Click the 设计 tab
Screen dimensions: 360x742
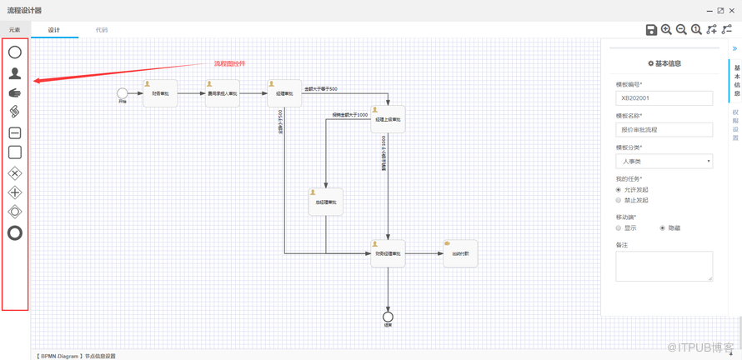pos(54,30)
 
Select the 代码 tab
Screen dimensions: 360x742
pos(102,30)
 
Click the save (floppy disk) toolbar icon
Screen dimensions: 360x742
pos(651,30)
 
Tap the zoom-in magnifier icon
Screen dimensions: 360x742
pos(666,30)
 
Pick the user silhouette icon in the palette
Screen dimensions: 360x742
pos(15,73)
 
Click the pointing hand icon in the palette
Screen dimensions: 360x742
pos(15,92)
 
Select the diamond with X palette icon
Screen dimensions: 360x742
pos(15,173)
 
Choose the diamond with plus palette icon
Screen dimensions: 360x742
pos(15,192)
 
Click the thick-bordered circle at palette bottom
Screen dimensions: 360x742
pos(15,233)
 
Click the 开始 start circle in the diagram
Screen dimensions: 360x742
pos(123,93)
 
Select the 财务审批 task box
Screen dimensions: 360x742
pos(160,93)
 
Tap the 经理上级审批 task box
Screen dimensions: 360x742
pos(388,119)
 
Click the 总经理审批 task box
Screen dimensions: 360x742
pos(326,202)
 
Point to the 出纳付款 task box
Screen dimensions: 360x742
pos(460,253)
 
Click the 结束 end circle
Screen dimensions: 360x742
pos(388,317)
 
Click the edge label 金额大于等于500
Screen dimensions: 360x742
pos(321,88)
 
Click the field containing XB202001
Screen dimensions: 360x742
pos(664,97)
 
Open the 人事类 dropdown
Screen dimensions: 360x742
pos(664,161)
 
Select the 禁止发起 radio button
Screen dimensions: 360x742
pos(619,200)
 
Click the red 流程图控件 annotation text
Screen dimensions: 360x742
pos(229,63)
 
